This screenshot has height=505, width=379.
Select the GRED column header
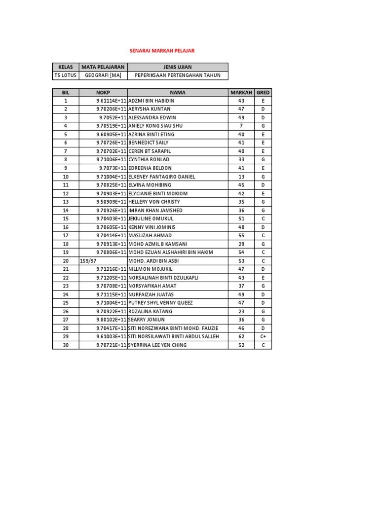click(263, 92)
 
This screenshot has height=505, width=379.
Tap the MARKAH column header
click(241, 92)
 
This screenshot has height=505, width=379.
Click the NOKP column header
click(103, 92)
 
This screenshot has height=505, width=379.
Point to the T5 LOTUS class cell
click(65, 75)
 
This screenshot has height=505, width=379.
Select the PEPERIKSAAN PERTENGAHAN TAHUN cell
click(178, 75)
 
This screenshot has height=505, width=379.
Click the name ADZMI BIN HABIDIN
click(151, 101)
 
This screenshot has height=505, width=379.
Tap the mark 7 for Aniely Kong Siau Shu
click(241, 126)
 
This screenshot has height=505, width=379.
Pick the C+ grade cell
click(263, 336)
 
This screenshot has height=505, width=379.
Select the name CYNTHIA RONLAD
click(149, 160)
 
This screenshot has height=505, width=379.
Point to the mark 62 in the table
click(241, 336)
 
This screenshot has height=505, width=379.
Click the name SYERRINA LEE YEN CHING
click(157, 345)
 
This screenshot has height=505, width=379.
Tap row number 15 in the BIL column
click(66, 218)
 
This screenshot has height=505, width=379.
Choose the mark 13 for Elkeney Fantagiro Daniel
click(241, 177)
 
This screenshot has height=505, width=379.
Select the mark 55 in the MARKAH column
click(241, 235)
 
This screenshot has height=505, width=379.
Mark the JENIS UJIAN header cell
click(178, 67)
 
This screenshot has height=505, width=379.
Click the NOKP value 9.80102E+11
click(111, 320)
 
